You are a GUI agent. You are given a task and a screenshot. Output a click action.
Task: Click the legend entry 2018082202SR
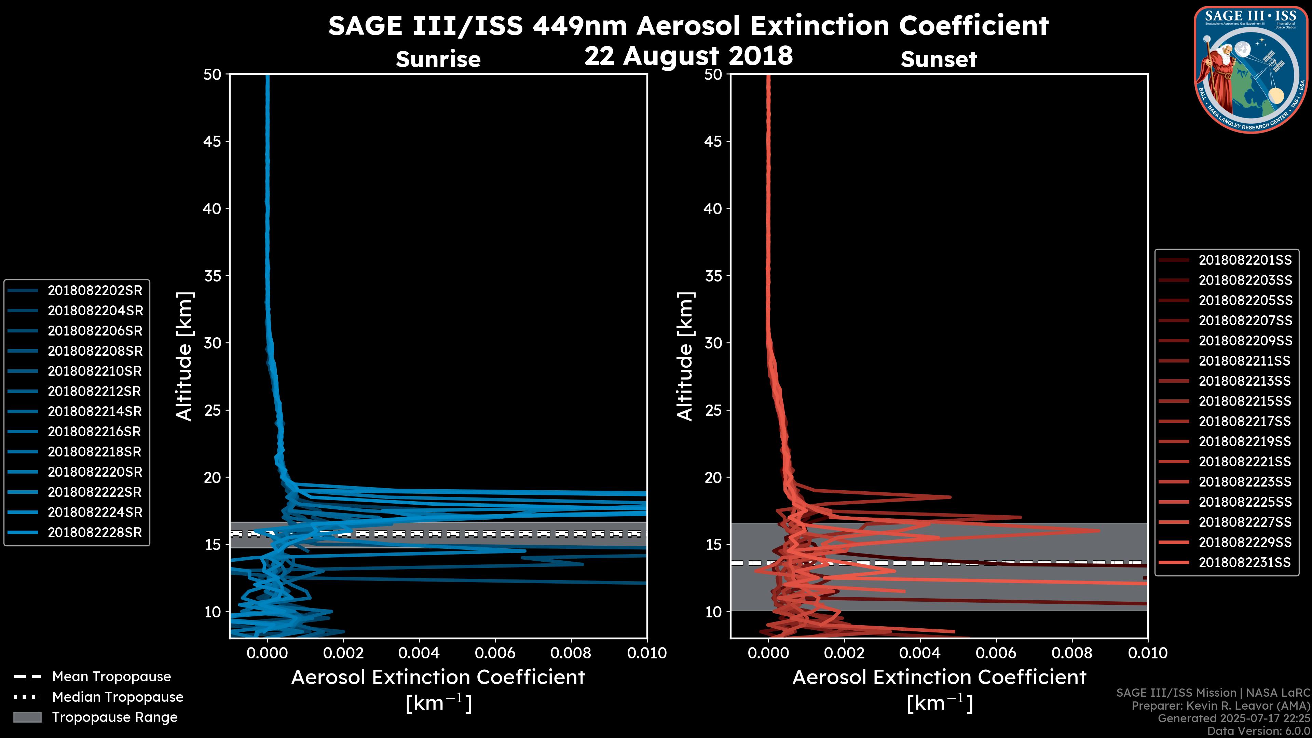(95, 290)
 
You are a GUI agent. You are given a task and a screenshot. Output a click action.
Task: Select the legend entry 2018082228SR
(95, 532)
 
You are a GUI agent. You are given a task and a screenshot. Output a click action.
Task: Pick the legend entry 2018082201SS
(1245, 260)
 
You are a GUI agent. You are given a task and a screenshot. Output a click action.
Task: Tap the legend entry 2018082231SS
(1245, 562)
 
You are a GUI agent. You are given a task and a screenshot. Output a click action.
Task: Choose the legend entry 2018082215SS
(1245, 401)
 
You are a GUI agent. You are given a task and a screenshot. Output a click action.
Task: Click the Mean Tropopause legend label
(111, 676)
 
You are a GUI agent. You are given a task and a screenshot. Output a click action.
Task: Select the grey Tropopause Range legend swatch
(27, 717)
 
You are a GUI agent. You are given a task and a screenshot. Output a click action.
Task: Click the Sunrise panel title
(438, 59)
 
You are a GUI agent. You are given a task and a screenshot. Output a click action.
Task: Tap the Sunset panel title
(939, 59)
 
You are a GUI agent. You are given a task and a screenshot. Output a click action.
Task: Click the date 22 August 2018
(688, 55)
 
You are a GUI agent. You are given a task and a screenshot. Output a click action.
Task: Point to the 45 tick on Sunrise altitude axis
(213, 141)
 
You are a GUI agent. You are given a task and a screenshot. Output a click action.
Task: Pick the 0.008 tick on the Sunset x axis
(1072, 653)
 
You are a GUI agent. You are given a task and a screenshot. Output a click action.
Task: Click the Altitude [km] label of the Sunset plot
(685, 356)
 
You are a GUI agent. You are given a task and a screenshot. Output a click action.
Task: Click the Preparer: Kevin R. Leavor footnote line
(1220, 706)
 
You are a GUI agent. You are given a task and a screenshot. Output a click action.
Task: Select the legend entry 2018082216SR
(95, 432)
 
